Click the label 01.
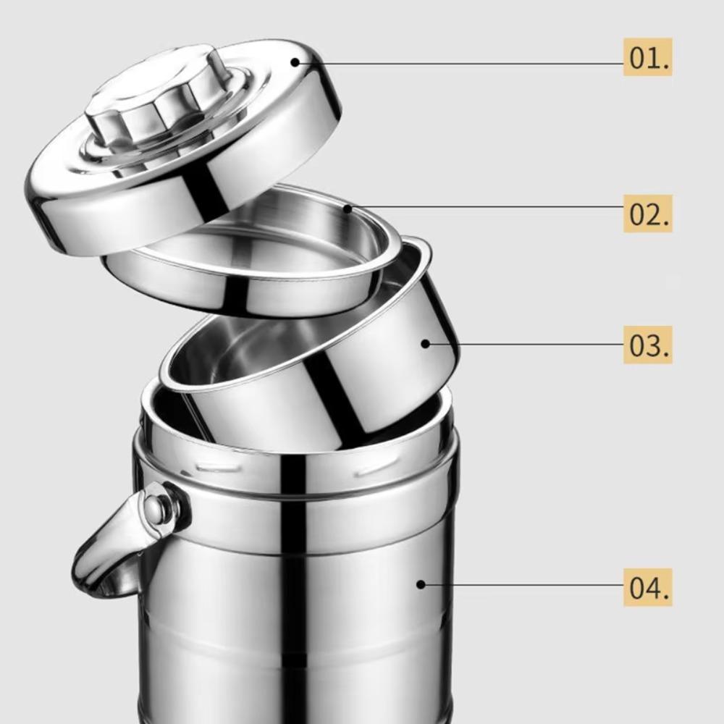coord(648,56)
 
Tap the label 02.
coord(648,214)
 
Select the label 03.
coord(648,345)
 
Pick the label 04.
coord(648,587)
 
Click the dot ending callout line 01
coord(295,62)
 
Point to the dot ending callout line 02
coord(348,210)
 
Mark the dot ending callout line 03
coord(426,343)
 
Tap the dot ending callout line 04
coord(421,584)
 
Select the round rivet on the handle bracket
coord(156,507)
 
